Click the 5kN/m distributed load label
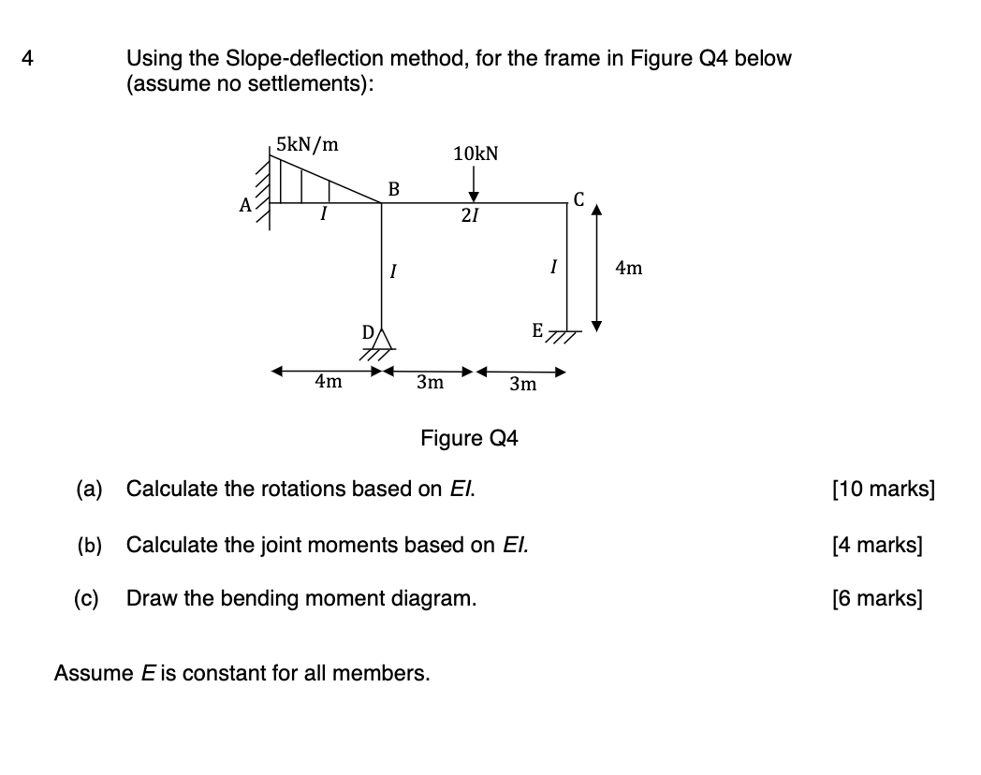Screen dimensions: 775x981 [308, 145]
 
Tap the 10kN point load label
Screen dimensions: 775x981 [476, 154]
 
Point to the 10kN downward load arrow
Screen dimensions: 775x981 [475, 187]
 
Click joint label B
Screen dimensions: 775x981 [393, 189]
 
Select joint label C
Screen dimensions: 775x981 [579, 199]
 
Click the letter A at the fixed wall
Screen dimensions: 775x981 [245, 207]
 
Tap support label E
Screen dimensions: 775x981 [536, 330]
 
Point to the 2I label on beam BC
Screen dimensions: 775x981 [470, 217]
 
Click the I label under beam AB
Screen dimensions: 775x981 [323, 217]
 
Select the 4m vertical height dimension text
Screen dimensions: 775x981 [629, 269]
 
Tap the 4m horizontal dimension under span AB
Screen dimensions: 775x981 [328, 382]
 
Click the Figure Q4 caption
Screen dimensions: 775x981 [469, 438]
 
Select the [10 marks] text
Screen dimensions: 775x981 [883, 489]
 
